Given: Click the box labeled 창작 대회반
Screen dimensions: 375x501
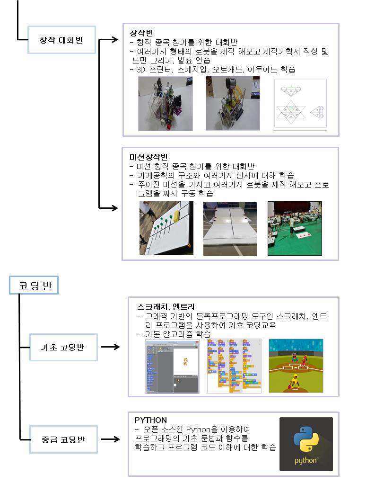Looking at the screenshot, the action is pos(61,40).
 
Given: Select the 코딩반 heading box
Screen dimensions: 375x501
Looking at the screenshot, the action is pos(34,285).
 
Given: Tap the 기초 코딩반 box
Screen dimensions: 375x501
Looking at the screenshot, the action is pos(63,347).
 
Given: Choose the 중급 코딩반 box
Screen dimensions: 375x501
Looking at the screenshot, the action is pos(63,439).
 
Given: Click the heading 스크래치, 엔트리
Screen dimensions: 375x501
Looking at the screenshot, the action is pos(166,307).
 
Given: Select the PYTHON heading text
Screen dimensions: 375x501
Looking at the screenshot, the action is pos(151,420).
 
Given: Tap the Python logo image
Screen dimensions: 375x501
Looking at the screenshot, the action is pos(306,444).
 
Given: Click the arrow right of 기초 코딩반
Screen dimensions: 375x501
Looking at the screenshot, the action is pos(111,347).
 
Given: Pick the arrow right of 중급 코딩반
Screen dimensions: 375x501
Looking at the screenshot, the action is pos(111,439).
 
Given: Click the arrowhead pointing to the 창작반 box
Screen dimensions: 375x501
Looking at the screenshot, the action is pos(114,40).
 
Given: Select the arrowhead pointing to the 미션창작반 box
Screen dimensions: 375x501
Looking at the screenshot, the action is pos(114,208).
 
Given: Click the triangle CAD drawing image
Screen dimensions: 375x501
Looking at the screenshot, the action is pos(300,103).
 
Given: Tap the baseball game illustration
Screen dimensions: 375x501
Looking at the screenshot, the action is pos(296,366).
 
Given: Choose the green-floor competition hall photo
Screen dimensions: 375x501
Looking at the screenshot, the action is pos(295,228).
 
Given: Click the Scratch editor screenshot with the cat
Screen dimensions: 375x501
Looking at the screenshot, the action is pos(172,367).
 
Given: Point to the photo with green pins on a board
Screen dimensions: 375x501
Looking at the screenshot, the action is pos(166,228).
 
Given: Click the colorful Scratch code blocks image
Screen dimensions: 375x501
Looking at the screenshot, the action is pos(234,366).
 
